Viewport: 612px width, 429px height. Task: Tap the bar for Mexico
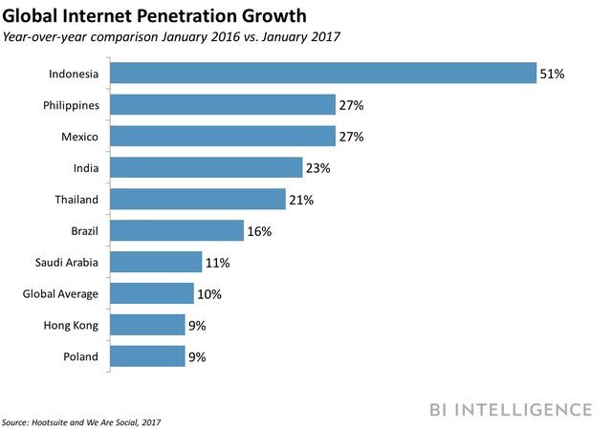click(222, 138)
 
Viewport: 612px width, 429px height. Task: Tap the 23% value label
click(318, 169)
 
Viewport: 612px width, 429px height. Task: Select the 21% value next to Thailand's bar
click(301, 201)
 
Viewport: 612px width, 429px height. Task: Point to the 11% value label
click(217, 263)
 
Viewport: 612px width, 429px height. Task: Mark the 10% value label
click(208, 294)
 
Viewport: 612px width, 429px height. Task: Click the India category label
click(85, 169)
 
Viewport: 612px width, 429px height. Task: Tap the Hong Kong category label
click(72, 326)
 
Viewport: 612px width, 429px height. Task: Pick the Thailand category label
click(76, 201)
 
